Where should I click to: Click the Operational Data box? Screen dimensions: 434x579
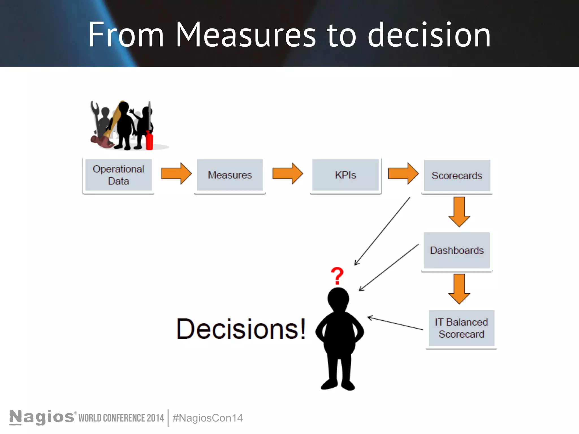click(118, 175)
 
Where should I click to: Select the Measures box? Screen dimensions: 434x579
click(230, 175)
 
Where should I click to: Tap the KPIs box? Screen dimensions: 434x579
click(345, 175)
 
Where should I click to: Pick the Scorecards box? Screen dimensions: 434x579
click(457, 175)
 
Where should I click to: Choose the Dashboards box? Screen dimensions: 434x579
click(457, 250)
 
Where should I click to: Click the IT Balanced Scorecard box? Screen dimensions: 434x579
click(461, 328)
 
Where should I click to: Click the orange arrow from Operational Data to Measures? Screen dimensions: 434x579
click(176, 173)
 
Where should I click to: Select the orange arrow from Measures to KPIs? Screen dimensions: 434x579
click(287, 173)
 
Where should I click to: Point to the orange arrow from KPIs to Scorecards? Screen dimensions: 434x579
click(403, 173)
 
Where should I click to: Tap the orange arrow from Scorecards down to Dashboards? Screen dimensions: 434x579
click(459, 212)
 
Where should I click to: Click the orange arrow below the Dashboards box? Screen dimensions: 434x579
click(459, 288)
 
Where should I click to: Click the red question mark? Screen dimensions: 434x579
click(337, 275)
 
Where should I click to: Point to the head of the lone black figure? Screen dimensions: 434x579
click(338, 299)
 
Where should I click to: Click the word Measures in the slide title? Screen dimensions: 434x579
click(245, 35)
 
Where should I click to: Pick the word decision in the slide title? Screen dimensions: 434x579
click(429, 35)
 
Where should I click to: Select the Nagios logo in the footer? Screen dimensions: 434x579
click(42, 417)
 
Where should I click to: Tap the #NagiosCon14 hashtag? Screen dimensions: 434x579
click(208, 418)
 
